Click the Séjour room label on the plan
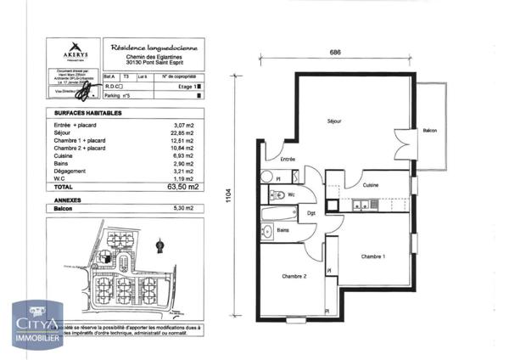(x=335, y=121)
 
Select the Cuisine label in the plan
(x=370, y=185)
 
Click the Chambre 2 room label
(x=294, y=277)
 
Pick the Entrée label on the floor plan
(x=288, y=159)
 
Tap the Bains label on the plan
(x=282, y=230)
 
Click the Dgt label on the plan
(x=311, y=213)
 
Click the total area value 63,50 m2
(x=187, y=186)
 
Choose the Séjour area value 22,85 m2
(x=183, y=132)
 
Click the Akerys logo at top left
(x=75, y=51)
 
